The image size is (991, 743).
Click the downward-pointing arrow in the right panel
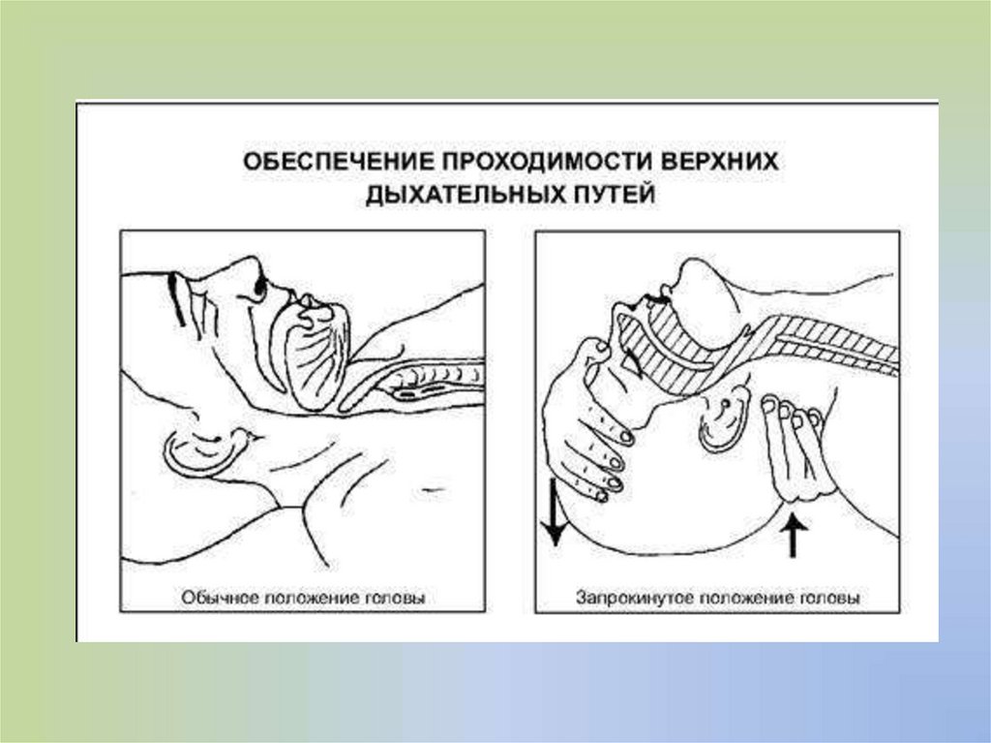[555, 512]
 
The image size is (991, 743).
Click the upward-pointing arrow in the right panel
[792, 536]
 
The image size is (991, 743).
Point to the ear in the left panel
[205, 449]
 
